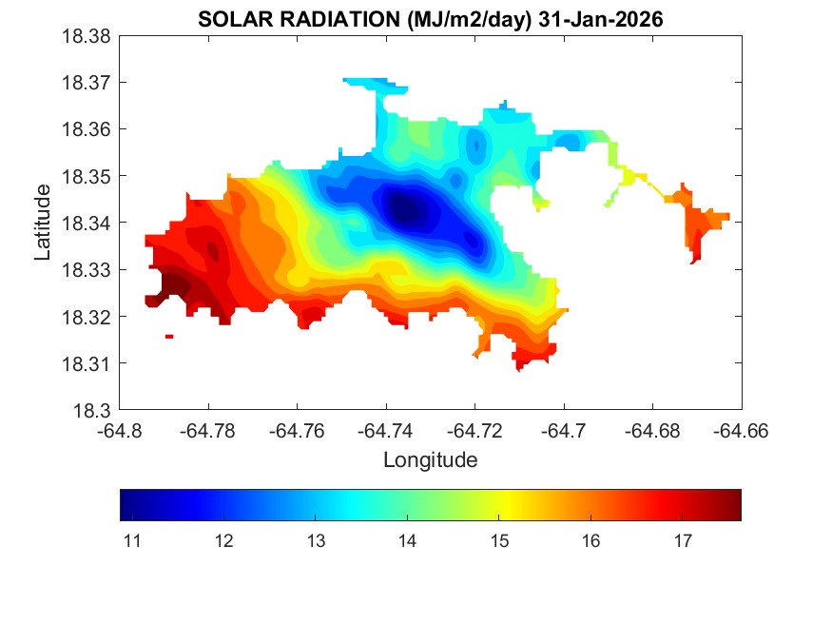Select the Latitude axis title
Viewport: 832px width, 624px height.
(43, 224)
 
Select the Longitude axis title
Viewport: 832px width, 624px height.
(430, 460)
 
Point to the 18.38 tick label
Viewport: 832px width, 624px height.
(87, 36)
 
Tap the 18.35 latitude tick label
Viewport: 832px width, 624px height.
(87, 177)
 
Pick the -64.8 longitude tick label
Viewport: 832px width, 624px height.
(121, 430)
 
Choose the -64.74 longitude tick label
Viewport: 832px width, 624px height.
(386, 430)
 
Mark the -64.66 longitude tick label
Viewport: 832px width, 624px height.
(742, 430)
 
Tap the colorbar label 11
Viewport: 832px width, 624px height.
(132, 541)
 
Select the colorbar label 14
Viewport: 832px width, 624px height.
(407, 541)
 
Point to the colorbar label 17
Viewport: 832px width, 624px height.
(682, 541)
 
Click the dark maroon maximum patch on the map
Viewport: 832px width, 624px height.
(174, 283)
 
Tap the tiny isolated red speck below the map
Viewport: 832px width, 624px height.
(168, 336)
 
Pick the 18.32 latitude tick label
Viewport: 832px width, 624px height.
(87, 317)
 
